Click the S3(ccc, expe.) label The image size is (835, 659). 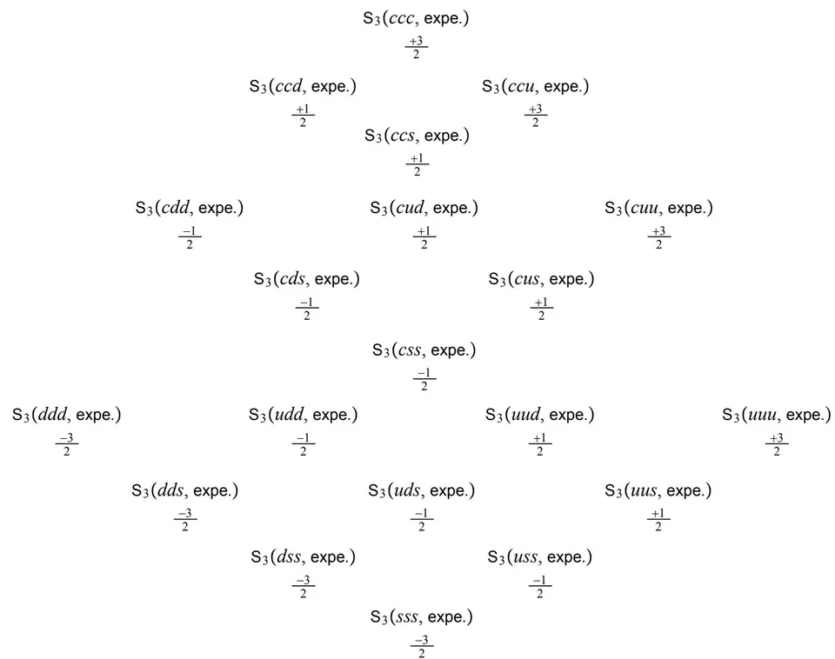tap(416, 18)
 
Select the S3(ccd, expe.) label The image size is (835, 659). tap(303, 87)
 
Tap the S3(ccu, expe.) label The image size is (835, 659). tap(535, 87)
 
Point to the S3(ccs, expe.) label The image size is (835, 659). tap(417, 136)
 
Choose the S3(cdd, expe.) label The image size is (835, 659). tap(189, 208)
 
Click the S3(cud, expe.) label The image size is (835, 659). tap(424, 208)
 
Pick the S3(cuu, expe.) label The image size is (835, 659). tap(658, 208)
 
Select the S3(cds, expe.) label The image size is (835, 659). tap(307, 279)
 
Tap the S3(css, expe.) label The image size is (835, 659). tap(424, 350)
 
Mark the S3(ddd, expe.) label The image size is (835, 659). tap(67, 416)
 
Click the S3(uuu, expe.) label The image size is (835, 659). tap(777, 416)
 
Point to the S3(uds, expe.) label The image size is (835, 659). tap(421, 491)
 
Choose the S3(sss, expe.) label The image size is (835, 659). tap(422, 617)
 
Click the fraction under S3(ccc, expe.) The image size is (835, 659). tap(416, 47)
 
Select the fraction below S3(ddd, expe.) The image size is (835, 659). tap(67, 444)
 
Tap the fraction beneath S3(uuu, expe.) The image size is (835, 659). tap(777, 444)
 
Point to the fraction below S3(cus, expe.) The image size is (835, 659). tap(542, 309)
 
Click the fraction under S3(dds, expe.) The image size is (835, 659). tap(184, 520)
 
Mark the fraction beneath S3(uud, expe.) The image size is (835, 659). tap(539, 444)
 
